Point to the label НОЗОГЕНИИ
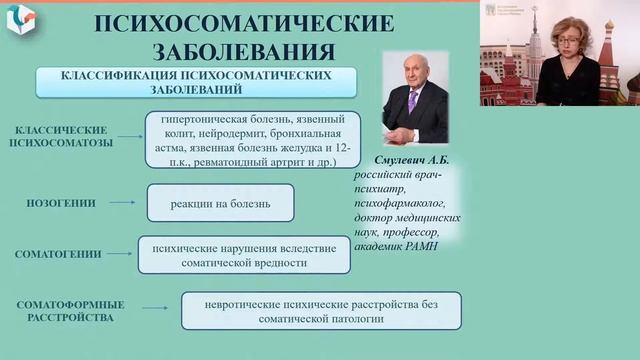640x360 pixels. tap(62, 203)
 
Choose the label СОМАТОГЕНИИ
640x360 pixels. tap(62, 255)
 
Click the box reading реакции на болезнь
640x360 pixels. tap(220, 203)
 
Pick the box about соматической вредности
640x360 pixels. tap(243, 254)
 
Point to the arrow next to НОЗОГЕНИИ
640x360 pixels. tap(121, 203)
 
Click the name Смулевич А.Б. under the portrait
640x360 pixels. tap(410, 159)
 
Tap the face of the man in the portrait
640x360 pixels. tap(413, 88)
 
